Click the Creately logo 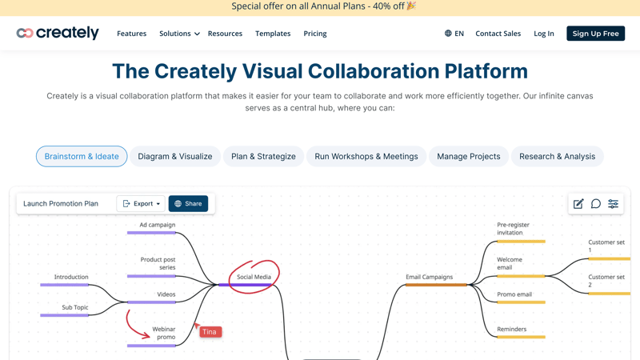pyautogui.click(x=58, y=33)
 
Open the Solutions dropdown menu pyautogui.click(x=179, y=34)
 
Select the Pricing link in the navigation pyautogui.click(x=315, y=34)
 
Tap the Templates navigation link pyautogui.click(x=273, y=34)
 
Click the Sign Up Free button pyautogui.click(x=595, y=34)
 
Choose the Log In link pyautogui.click(x=544, y=34)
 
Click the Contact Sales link pyautogui.click(x=498, y=34)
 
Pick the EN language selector pyautogui.click(x=454, y=34)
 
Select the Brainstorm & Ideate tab pyautogui.click(x=82, y=156)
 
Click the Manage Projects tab pyautogui.click(x=469, y=156)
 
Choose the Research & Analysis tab pyautogui.click(x=557, y=156)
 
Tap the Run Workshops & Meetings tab pyautogui.click(x=366, y=156)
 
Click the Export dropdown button pyautogui.click(x=141, y=204)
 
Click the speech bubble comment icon pyautogui.click(x=596, y=204)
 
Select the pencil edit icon pyautogui.click(x=578, y=204)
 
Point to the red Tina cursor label pyautogui.click(x=210, y=332)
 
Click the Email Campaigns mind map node pyautogui.click(x=430, y=277)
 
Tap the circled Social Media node pyautogui.click(x=254, y=277)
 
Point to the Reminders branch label pyautogui.click(x=512, y=329)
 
